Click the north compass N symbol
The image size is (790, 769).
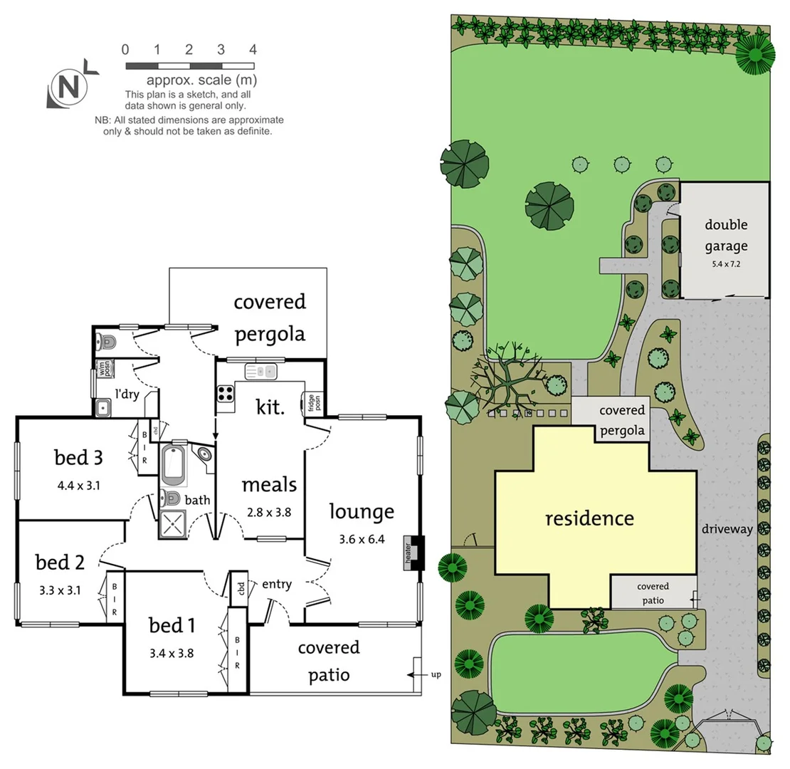pyautogui.click(x=68, y=88)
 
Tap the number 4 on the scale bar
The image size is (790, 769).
pyautogui.click(x=253, y=50)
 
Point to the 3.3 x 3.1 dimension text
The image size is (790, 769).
pyautogui.click(x=60, y=590)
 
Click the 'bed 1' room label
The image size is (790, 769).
pyautogui.click(x=172, y=626)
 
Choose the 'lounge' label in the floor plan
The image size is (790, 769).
pyautogui.click(x=362, y=511)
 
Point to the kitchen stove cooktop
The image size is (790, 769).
pyautogui.click(x=226, y=394)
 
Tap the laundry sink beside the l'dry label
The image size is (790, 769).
pyautogui.click(x=103, y=408)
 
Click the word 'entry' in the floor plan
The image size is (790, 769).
pyautogui.click(x=277, y=584)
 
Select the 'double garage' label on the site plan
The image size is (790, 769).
pyautogui.click(x=726, y=236)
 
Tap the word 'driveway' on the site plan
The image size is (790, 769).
pyautogui.click(x=727, y=529)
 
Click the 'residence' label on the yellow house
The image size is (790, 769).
pyautogui.click(x=589, y=518)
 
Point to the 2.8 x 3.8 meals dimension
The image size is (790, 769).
pyautogui.click(x=268, y=511)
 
